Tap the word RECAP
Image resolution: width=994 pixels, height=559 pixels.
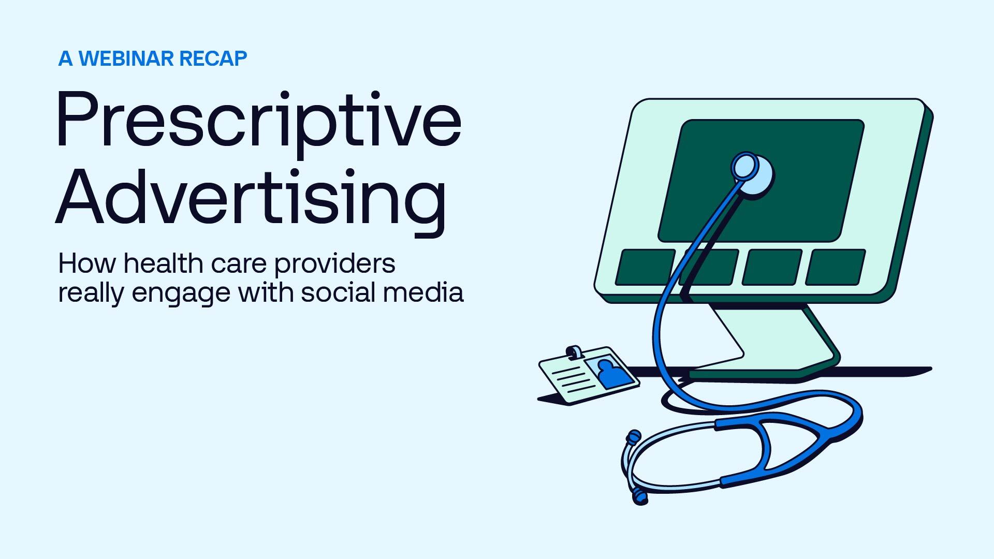[213, 59]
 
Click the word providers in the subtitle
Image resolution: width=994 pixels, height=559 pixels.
[334, 266]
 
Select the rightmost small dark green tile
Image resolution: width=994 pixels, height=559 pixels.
[835, 267]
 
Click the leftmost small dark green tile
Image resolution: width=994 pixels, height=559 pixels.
[645, 267]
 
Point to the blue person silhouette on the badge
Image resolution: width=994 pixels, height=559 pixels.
[613, 373]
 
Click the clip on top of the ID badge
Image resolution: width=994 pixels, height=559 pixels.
[574, 352]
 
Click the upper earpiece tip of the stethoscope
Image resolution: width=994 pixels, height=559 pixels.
[633, 436]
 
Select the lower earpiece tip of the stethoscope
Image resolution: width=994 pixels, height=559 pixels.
[640, 498]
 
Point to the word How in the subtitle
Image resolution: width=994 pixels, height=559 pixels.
[87, 263]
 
